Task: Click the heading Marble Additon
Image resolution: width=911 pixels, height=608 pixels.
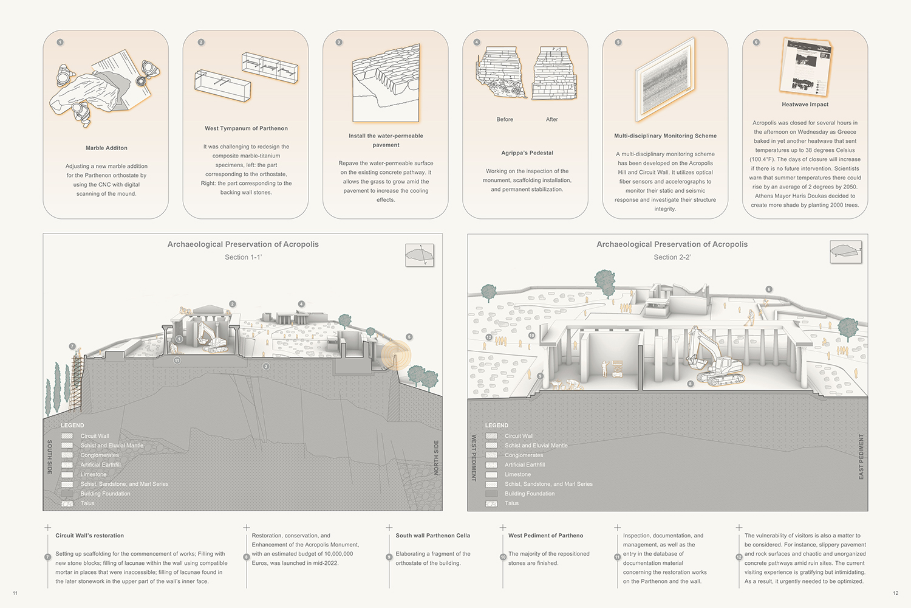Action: tap(106, 148)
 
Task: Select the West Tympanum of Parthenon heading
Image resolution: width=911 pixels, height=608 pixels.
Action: tap(246, 128)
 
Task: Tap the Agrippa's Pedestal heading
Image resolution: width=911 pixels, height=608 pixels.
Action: tap(527, 153)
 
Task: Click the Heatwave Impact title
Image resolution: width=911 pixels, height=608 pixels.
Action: tap(805, 105)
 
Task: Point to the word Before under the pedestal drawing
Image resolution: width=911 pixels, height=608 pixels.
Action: tap(505, 119)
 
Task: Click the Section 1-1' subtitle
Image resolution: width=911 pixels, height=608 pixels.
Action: tap(243, 257)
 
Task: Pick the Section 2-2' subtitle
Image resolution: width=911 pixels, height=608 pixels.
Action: tap(672, 257)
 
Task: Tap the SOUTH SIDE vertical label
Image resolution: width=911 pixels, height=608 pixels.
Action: tap(50, 457)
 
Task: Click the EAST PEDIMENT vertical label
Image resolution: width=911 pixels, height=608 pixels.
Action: tap(861, 457)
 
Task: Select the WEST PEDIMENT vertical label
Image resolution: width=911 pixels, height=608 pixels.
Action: tap(474, 458)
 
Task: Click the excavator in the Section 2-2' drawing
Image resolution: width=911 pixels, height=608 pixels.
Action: tap(717, 362)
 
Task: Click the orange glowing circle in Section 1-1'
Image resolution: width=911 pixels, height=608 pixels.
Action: tap(396, 355)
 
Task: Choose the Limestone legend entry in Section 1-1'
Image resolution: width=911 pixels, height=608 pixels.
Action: tap(93, 474)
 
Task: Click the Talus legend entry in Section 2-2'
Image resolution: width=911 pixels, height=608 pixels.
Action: tap(511, 503)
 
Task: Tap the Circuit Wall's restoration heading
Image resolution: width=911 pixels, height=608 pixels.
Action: tap(89, 536)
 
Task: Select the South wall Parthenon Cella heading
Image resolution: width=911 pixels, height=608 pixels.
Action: tap(432, 536)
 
